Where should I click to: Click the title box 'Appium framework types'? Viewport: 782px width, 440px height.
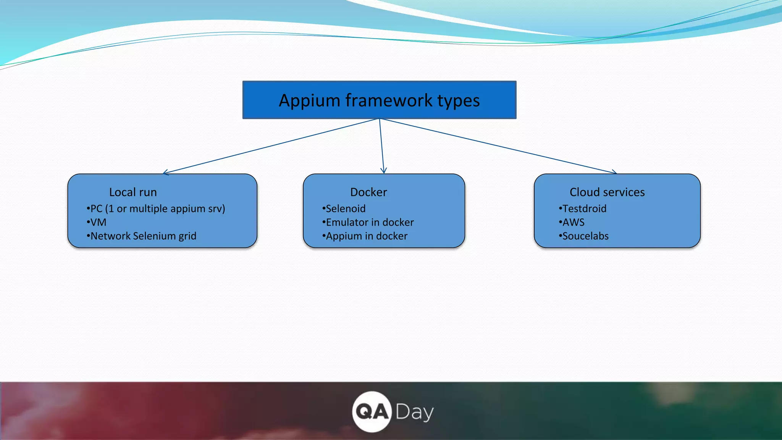pos(379,100)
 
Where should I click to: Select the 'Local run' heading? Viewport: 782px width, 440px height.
pos(133,192)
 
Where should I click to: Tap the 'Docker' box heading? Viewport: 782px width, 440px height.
pos(368,192)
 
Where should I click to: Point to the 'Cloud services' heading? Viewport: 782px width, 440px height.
pos(607,192)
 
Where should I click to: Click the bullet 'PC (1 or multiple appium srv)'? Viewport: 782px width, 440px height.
pos(157,209)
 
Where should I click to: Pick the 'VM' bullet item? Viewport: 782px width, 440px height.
pos(98,222)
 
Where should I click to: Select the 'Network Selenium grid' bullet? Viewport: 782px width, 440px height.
pos(143,236)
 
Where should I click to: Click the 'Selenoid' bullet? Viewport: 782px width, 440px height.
pos(346,209)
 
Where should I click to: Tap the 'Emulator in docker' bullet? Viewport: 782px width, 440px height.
pos(370,222)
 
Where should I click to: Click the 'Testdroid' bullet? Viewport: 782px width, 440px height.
pos(584,209)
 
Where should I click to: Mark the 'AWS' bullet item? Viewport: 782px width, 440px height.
pos(573,222)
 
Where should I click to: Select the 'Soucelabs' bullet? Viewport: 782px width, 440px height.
pos(585,236)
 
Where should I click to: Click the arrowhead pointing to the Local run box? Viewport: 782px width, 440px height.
pos(165,173)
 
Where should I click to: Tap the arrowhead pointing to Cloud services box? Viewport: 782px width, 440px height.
pos(614,172)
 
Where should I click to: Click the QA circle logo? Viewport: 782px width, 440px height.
pos(372,412)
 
